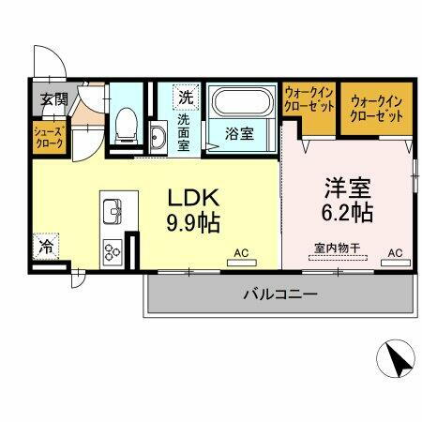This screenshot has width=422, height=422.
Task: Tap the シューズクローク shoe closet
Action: (x=48, y=138)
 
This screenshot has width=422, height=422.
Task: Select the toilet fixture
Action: (x=122, y=127)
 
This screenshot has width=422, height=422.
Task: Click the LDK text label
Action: (x=194, y=199)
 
